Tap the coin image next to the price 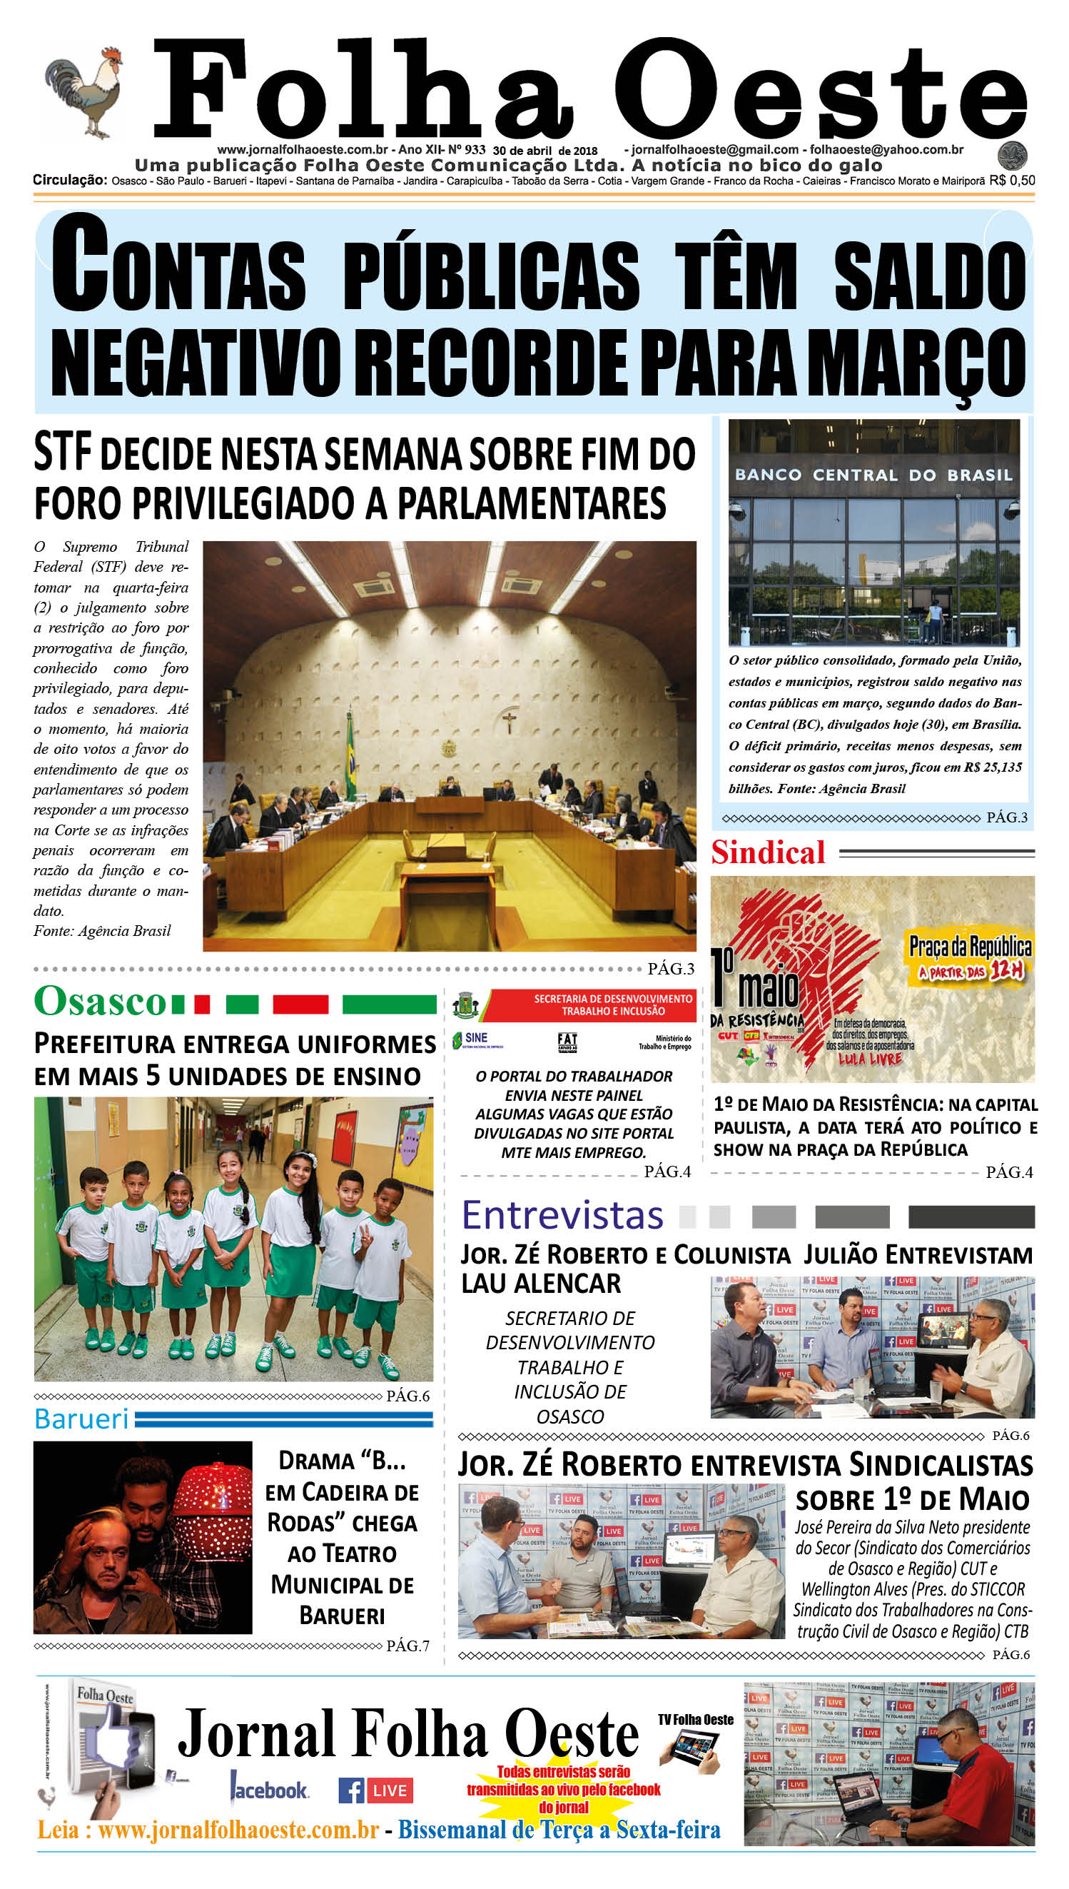click(x=1012, y=156)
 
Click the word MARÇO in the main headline click(x=921, y=363)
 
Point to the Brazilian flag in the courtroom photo click(x=351, y=757)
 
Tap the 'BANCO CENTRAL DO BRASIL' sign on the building click(x=873, y=475)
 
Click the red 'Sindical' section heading click(x=768, y=852)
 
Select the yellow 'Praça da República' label click(x=970, y=947)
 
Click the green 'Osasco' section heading click(x=101, y=1001)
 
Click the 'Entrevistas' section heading click(x=562, y=1216)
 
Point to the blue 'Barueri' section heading click(x=81, y=1420)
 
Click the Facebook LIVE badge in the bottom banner click(x=376, y=1790)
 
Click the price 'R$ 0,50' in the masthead click(x=1012, y=181)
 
